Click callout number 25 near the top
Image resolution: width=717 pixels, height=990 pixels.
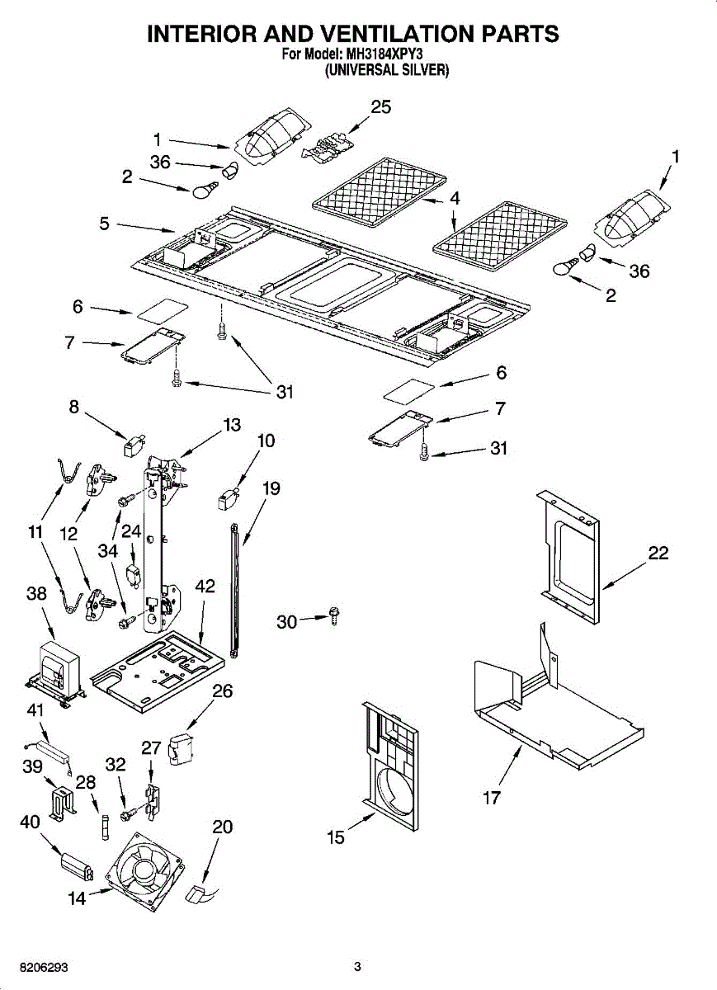(x=380, y=106)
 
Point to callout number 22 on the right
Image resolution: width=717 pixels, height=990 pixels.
(x=658, y=553)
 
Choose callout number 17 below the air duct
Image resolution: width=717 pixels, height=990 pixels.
(x=492, y=798)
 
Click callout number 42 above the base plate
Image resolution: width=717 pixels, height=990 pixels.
(x=205, y=587)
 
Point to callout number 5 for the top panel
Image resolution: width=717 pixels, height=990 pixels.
(x=105, y=223)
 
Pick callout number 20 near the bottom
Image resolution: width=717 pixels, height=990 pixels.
(x=222, y=827)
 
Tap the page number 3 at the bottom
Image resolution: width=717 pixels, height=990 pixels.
(x=357, y=967)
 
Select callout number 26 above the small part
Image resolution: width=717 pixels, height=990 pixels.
(x=222, y=691)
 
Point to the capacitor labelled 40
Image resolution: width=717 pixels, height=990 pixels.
(x=77, y=865)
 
